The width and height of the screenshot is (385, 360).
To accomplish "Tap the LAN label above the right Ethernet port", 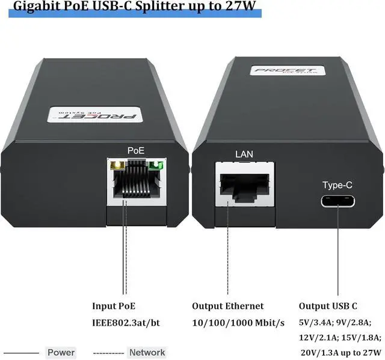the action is click(244, 154).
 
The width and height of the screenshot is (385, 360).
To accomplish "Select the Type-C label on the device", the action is click(338, 185).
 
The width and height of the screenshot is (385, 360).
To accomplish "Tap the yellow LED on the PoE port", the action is click(114, 163).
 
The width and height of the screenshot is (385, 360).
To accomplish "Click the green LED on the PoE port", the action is click(158, 163).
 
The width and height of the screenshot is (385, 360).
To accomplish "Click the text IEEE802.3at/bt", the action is click(126, 323).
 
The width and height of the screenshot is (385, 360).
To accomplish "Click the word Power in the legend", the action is click(61, 352).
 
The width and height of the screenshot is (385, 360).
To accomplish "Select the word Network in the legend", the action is click(147, 352).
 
